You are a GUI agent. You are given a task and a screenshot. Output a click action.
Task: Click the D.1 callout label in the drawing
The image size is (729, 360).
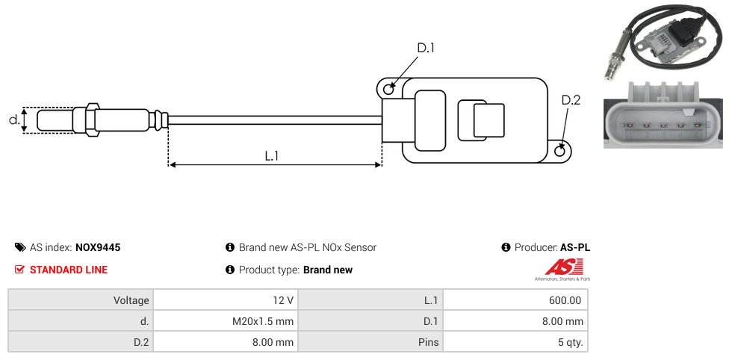coord(425,49)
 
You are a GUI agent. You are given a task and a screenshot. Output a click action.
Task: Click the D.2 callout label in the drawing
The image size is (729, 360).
coord(570,101)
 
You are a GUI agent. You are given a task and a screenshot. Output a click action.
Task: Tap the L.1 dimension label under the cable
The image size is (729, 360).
coord(271,156)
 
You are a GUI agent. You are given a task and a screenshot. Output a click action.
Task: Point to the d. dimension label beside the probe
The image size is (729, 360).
coord(13,120)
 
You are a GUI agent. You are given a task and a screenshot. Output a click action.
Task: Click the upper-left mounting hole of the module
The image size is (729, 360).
coord(388,90)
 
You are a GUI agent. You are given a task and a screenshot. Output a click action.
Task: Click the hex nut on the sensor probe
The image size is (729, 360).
coord(93,120)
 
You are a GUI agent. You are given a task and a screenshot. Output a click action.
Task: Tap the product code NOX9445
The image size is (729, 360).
coord(98,247)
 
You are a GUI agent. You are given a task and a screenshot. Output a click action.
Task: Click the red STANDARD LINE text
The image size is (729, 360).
coord(68,270)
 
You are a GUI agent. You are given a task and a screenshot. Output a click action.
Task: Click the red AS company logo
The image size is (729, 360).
coord(558,267)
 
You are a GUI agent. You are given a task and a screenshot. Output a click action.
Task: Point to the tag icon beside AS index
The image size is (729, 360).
coord(20,247)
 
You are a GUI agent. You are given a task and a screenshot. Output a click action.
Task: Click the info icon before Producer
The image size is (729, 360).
coord(506,247)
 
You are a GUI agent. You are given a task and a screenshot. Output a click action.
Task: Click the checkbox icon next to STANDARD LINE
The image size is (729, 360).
coord(20,270)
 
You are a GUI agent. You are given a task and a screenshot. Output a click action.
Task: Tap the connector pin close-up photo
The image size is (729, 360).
coord(663,117)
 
